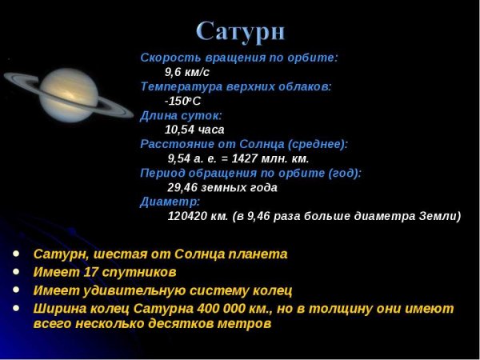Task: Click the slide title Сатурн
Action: pyautogui.click(x=241, y=31)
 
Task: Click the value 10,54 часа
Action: pyautogui.click(x=194, y=129)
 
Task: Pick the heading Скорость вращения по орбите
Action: pyautogui.click(x=239, y=58)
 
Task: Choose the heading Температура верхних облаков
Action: pyautogui.click(x=235, y=86)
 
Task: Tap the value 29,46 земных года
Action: pyautogui.click(x=222, y=187)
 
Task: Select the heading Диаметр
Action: pyautogui.click(x=170, y=202)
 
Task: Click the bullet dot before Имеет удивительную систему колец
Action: pyautogui.click(x=16, y=290)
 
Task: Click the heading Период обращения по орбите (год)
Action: pyautogui.click(x=250, y=173)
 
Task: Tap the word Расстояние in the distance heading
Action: pyautogui.click(x=173, y=144)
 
